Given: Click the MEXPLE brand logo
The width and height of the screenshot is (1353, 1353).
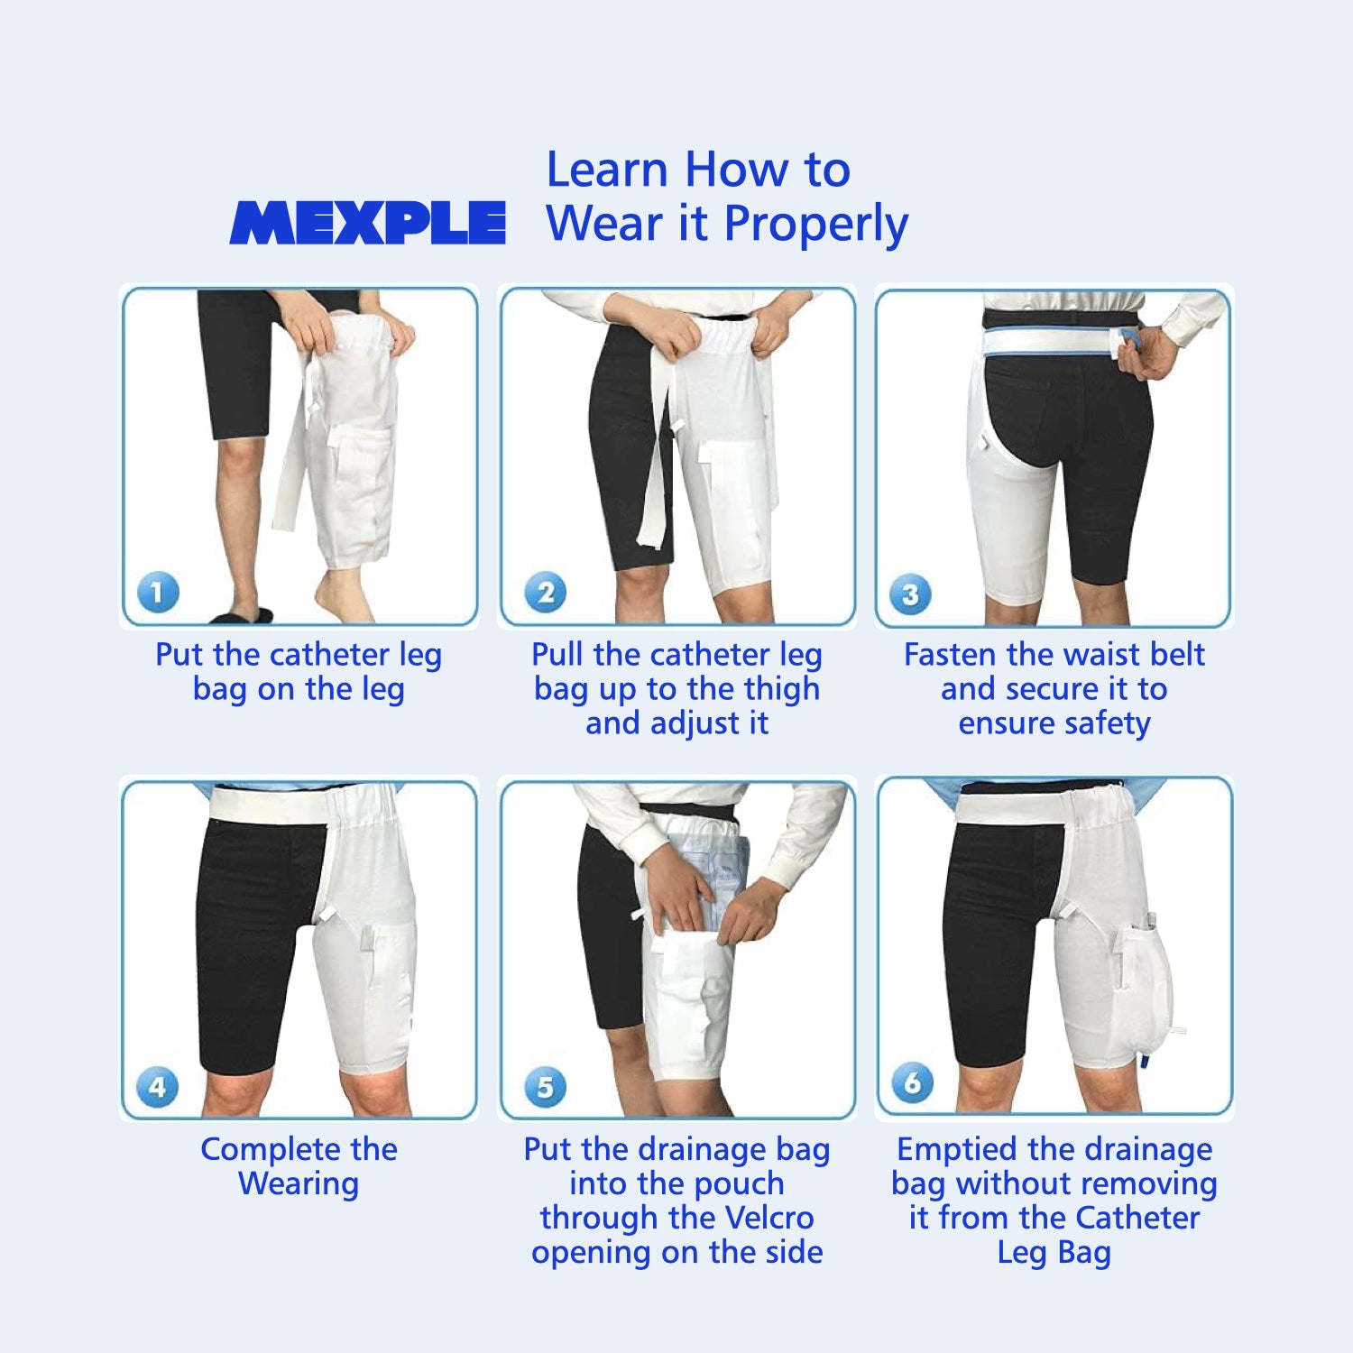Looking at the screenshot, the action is [x=367, y=223].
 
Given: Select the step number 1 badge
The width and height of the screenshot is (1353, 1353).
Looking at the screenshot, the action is [x=158, y=593].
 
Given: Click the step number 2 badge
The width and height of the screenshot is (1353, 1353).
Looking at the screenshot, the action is [x=546, y=593].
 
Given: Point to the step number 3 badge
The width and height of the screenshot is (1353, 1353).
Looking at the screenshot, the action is [x=910, y=594].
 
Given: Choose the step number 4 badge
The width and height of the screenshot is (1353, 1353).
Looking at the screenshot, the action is [x=158, y=1086].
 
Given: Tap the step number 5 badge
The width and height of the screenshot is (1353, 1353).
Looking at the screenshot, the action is [x=546, y=1087].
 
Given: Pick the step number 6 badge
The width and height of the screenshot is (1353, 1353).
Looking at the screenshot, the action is [x=912, y=1082].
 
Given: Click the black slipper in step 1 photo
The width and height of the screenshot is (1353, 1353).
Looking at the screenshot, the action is [x=242, y=616].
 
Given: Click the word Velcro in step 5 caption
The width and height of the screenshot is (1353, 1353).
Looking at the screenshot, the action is [x=769, y=1218].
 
